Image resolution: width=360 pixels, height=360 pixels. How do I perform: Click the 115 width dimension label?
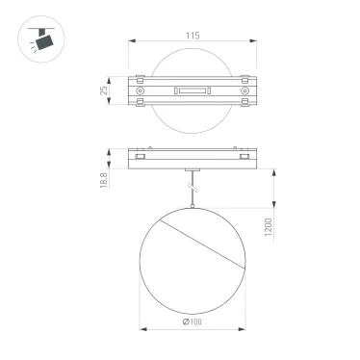tap(192, 35)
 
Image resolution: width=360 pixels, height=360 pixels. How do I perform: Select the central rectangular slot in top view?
tap(192, 91)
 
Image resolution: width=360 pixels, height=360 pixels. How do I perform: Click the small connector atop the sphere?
tap(193, 203)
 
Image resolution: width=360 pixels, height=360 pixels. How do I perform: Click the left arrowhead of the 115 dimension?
tap(131, 42)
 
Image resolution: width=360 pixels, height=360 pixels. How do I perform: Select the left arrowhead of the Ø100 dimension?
tap(142, 328)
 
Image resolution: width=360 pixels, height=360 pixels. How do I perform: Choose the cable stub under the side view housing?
tap(193, 171)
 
